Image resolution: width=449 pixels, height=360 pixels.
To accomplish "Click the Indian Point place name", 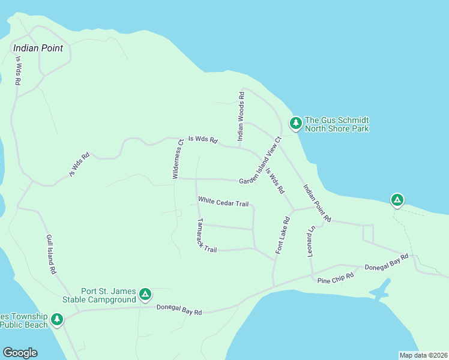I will (38, 48).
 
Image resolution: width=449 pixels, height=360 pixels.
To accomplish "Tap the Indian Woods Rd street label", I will (241, 116).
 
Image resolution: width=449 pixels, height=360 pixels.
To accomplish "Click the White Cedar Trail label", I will (223, 202).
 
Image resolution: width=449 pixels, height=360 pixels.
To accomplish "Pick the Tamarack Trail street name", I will (206, 235).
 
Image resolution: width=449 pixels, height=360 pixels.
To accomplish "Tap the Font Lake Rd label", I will (283, 235).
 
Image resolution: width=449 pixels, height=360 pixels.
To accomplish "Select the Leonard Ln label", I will (311, 242).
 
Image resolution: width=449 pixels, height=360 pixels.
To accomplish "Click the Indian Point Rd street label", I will (317, 203).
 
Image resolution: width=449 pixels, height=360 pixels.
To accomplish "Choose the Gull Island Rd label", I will (51, 254).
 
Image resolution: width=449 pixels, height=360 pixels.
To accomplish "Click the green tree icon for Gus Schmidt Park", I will (295, 123).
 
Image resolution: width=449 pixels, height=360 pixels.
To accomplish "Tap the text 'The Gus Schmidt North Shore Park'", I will (337, 124).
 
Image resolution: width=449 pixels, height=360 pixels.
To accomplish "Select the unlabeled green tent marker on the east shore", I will (397, 200).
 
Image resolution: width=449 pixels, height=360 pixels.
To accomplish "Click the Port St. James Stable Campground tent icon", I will (145, 294).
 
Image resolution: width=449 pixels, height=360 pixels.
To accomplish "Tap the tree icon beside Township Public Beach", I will (57, 319).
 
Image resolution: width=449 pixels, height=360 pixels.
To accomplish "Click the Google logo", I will (20, 353).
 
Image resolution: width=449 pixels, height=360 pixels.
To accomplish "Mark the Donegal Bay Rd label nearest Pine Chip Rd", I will (387, 262).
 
